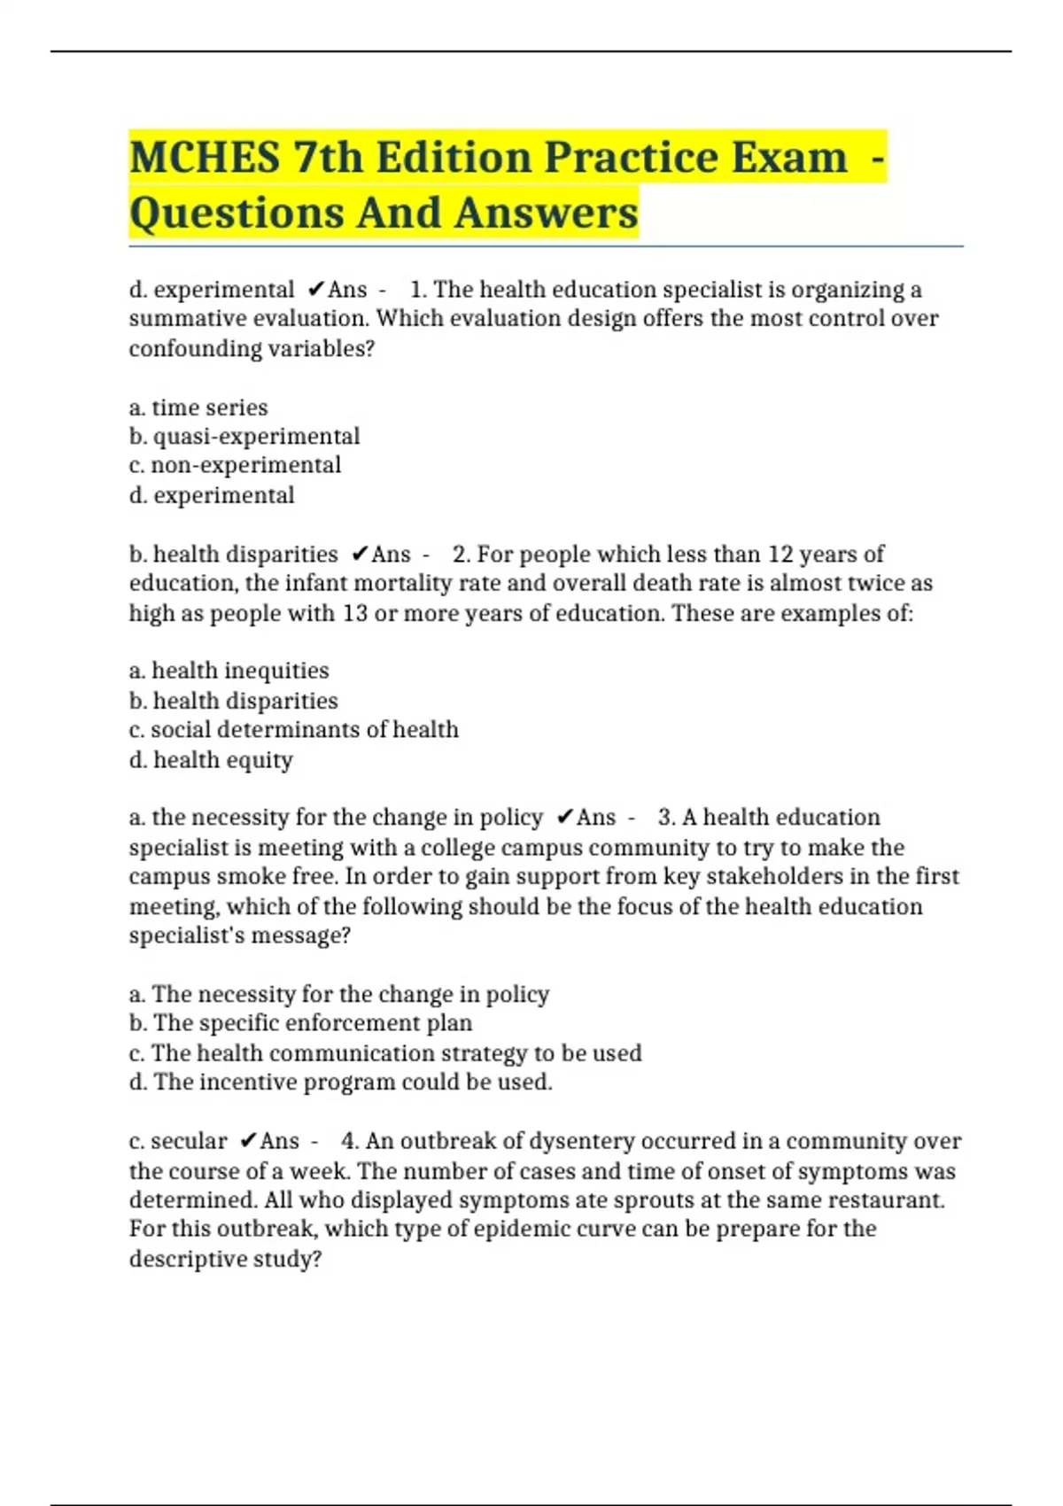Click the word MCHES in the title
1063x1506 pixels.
click(205, 158)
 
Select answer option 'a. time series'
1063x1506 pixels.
click(198, 408)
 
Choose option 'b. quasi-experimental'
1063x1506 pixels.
click(244, 437)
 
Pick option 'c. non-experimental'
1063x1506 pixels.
click(235, 465)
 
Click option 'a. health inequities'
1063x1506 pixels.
click(229, 671)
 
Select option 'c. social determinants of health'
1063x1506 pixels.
click(294, 730)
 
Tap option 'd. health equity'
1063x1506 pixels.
click(211, 760)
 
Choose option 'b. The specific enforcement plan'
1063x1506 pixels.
click(300, 1023)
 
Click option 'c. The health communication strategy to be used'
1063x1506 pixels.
click(385, 1053)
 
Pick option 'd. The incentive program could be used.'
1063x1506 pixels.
click(341, 1083)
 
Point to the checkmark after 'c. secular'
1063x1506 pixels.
click(249, 1141)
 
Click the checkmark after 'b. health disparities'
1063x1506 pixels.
click(360, 555)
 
